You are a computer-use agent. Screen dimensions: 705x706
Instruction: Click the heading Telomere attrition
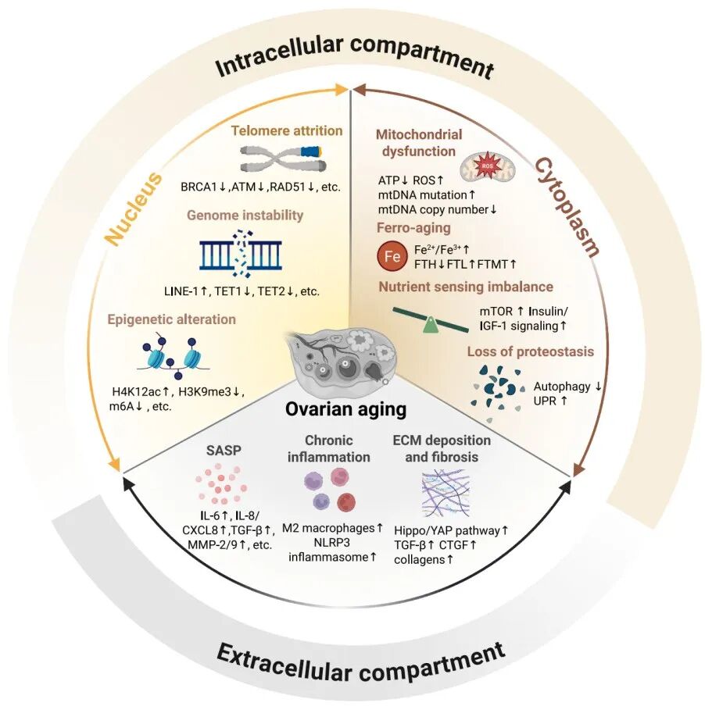287,130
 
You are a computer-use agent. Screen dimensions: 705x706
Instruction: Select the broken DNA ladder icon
241,254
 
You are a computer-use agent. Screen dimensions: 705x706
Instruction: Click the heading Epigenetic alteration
172,319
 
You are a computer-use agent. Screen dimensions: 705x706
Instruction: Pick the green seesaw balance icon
431,319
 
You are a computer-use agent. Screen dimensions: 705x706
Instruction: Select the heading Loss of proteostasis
530,351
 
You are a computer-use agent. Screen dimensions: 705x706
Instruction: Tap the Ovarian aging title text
346,409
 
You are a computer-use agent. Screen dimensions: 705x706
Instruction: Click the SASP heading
224,451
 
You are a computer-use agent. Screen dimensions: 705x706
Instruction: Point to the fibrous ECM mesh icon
446,493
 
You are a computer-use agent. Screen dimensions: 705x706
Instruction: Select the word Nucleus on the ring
134,209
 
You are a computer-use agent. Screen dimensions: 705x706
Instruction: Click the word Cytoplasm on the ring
567,207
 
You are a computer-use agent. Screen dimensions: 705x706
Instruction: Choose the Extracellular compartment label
361,664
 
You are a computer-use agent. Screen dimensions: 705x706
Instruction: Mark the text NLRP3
332,542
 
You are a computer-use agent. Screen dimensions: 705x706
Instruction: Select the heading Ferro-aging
413,228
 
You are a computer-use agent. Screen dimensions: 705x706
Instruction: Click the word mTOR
496,311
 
